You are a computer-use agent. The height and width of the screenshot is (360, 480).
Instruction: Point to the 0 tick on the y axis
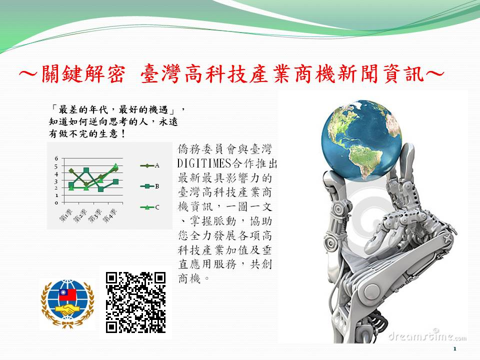click(x=56, y=202)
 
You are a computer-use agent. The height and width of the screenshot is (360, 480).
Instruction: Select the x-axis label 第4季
click(x=109, y=216)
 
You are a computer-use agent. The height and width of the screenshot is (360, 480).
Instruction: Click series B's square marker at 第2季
click(x=86, y=170)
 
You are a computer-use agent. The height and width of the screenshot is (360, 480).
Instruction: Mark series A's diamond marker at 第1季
click(x=71, y=171)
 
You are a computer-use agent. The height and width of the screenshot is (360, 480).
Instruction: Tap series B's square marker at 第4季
click(x=115, y=181)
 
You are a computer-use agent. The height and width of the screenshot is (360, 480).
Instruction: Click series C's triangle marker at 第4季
click(x=115, y=165)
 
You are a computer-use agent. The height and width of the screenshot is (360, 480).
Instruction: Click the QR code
click(x=135, y=302)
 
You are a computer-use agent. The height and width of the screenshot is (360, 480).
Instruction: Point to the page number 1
click(x=454, y=348)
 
